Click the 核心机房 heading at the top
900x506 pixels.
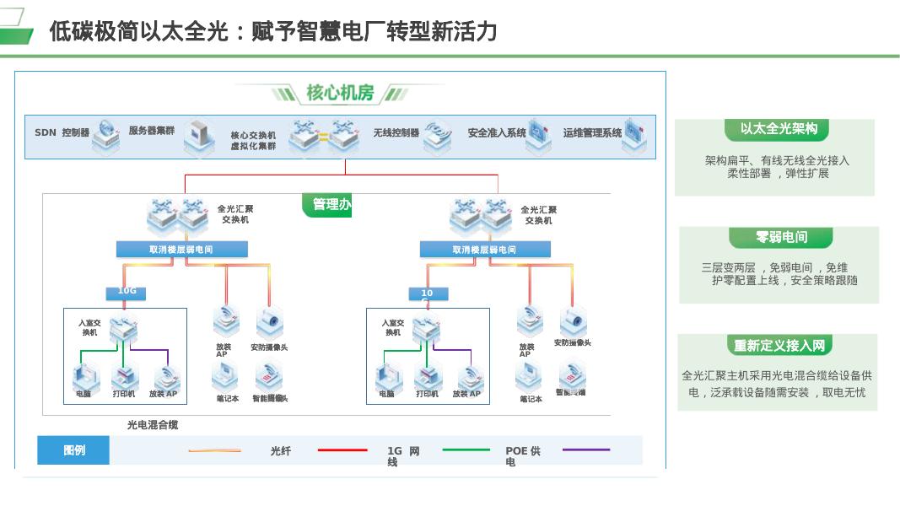[340, 93]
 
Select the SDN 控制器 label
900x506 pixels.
[62, 133]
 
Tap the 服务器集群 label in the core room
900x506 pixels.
[152, 131]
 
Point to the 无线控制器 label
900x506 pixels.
[396, 133]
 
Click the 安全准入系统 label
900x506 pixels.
[497, 133]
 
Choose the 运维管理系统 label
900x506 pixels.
[592, 133]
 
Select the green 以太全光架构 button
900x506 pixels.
[778, 129]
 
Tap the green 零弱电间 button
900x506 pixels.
[781, 238]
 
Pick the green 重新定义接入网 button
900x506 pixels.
[779, 346]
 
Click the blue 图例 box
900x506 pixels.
[73, 450]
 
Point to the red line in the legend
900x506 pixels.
[342, 450]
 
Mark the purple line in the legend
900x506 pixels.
[586, 449]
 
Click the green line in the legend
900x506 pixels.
[466, 450]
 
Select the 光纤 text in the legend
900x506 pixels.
[281, 452]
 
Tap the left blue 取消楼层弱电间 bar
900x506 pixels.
[181, 250]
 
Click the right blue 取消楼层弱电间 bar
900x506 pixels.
[485, 250]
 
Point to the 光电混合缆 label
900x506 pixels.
[153, 425]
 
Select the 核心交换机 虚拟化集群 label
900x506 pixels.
[253, 141]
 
